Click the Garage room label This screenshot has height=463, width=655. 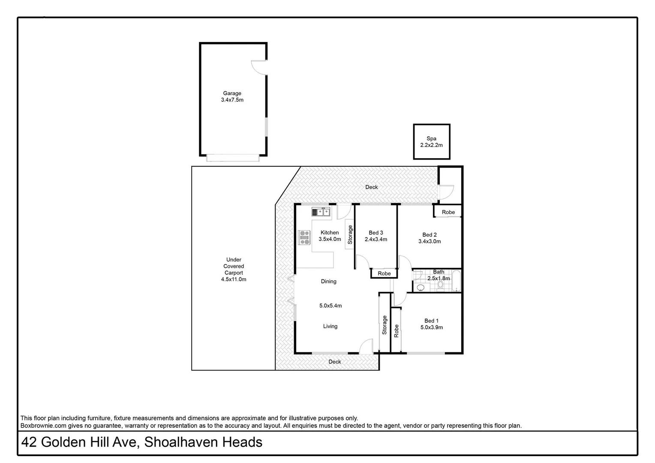click(x=232, y=93)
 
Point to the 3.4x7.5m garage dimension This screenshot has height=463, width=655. click(x=232, y=100)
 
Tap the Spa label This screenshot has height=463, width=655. click(x=431, y=138)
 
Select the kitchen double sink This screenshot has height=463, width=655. click(x=321, y=211)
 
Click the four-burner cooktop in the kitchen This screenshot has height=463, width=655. click(x=305, y=238)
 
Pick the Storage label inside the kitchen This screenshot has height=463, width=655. click(x=350, y=235)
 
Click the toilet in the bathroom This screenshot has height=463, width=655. click(x=440, y=284)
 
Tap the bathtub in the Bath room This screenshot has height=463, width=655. click(x=456, y=281)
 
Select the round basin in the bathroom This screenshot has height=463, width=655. click(x=421, y=287)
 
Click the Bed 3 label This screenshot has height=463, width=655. click(x=376, y=233)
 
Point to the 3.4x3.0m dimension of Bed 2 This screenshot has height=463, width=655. click(x=430, y=241)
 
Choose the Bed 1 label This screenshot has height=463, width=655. click(x=431, y=321)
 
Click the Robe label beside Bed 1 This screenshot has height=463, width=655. click(x=397, y=331)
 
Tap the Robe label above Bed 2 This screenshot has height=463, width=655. click(x=448, y=212)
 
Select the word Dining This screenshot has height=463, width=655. click(x=329, y=282)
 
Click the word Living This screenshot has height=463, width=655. click(x=330, y=326)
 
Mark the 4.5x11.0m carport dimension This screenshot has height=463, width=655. click(x=234, y=280)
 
